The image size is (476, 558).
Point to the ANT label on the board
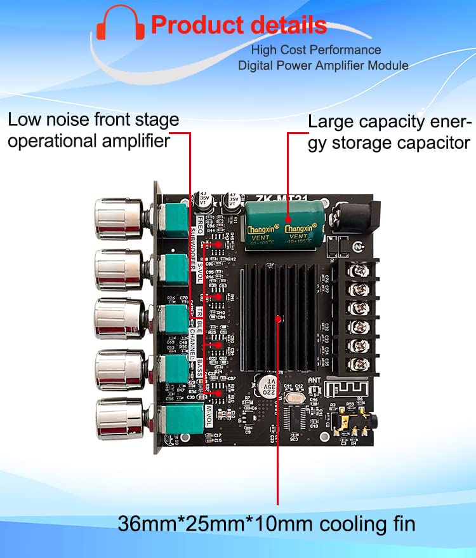click(314, 381)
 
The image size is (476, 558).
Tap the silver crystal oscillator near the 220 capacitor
click(294, 397)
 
